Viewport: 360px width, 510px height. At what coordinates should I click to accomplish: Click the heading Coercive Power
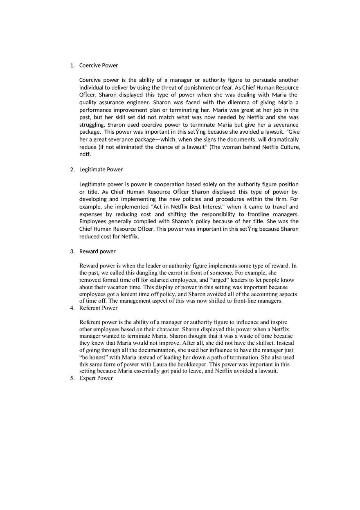pyautogui.click(x=98, y=65)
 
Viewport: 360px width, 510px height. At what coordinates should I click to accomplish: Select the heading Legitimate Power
pyautogui.click(x=101, y=170)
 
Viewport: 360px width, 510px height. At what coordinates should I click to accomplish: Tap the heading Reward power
pyautogui.click(x=97, y=252)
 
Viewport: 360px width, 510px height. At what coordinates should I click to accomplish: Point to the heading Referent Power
pyautogui.click(x=98, y=308)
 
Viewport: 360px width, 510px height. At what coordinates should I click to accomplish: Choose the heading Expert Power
pyautogui.click(x=96, y=378)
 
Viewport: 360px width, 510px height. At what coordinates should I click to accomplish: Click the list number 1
pyautogui.click(x=72, y=65)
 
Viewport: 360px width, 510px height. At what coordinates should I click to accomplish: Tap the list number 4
pyautogui.click(x=72, y=308)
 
